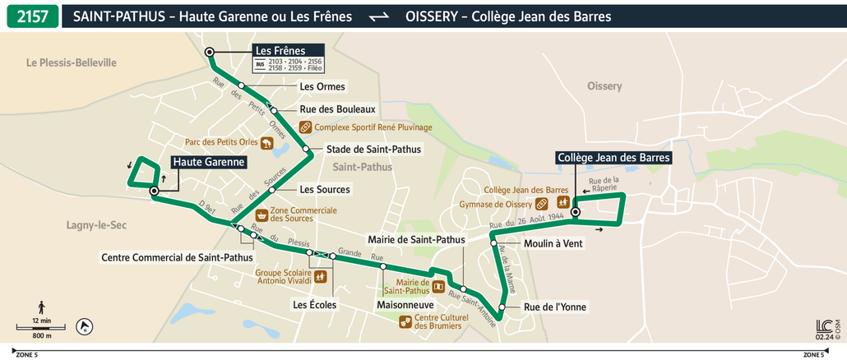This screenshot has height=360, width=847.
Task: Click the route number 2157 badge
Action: [33, 16]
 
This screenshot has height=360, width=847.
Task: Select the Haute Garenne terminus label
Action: [209, 163]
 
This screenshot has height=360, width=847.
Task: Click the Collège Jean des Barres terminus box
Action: [613, 158]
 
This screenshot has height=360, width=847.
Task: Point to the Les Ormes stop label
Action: [322, 86]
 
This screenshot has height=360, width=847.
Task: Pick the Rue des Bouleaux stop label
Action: [337, 108]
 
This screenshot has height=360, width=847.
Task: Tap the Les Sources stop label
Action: [325, 190]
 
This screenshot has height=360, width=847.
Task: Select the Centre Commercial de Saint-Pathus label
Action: [177, 257]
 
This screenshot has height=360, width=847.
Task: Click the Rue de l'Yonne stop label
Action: [555, 307]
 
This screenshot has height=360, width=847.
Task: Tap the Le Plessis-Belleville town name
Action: [72, 62]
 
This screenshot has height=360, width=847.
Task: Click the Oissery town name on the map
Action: [604, 86]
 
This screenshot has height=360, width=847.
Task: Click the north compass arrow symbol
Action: [84, 327]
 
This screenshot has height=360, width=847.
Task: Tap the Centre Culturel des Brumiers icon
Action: [404, 321]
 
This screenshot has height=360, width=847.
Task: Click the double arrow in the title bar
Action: [378, 16]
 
